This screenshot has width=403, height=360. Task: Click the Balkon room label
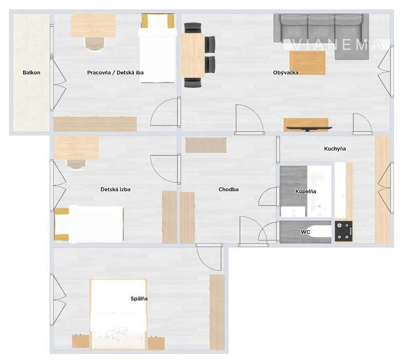pyautogui.click(x=31, y=73)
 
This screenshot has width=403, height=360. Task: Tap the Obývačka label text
pyautogui.click(x=286, y=73)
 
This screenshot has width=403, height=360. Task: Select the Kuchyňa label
pyautogui.click(x=335, y=149)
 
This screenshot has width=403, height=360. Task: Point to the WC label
pyautogui.click(x=306, y=232)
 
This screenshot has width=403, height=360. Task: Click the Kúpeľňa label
pyautogui.click(x=306, y=191)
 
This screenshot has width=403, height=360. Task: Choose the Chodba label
pyautogui.click(x=228, y=189)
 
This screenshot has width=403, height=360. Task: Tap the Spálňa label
pyautogui.click(x=139, y=299)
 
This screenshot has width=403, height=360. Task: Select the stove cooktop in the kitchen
pyautogui.click(x=343, y=231)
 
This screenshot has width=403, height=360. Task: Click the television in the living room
pyautogui.click(x=309, y=128)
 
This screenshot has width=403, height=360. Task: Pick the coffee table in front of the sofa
pyautogui.click(x=307, y=63)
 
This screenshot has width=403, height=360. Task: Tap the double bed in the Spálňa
pyautogui.click(x=118, y=314)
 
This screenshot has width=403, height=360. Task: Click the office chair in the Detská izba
pyautogui.click(x=77, y=164)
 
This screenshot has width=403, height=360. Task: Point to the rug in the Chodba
pyautogui.click(x=206, y=145)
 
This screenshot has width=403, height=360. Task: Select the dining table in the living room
pyautogui.click(x=193, y=55)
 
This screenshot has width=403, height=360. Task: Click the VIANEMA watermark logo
pyautogui.click(x=337, y=45)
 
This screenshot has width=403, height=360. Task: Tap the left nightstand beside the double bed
pyautogui.click(x=80, y=342)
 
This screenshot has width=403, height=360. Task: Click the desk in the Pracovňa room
pyautogui.click(x=93, y=25)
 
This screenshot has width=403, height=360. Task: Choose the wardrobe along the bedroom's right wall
pyautogui.click(x=218, y=312)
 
